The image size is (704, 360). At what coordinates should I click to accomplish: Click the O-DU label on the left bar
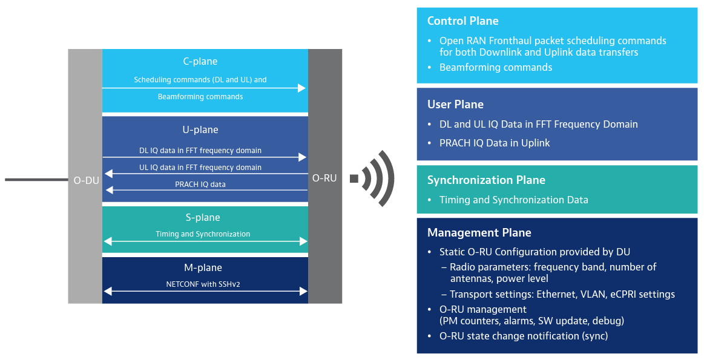86,180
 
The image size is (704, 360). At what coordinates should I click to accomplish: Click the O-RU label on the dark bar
324,178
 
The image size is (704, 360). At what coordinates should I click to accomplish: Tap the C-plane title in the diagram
200,61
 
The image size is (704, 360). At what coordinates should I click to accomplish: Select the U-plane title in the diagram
200,129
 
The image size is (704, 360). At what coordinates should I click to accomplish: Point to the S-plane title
203,217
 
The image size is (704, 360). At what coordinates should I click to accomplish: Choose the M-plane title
203,267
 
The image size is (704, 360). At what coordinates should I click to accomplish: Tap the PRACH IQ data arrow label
200,184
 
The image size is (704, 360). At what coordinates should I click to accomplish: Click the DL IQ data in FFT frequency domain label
200,150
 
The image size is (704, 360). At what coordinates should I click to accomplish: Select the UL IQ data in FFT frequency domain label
200,167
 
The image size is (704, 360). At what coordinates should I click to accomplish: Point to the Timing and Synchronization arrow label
203,234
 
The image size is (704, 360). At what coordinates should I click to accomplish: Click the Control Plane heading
463,21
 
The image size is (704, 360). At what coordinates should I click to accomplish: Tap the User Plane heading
455,105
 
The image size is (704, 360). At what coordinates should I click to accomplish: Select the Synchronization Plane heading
486,180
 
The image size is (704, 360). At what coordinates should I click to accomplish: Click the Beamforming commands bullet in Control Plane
495,67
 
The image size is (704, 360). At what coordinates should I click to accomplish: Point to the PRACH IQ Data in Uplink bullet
495,143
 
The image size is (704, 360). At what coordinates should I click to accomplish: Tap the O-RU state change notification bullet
523,336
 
